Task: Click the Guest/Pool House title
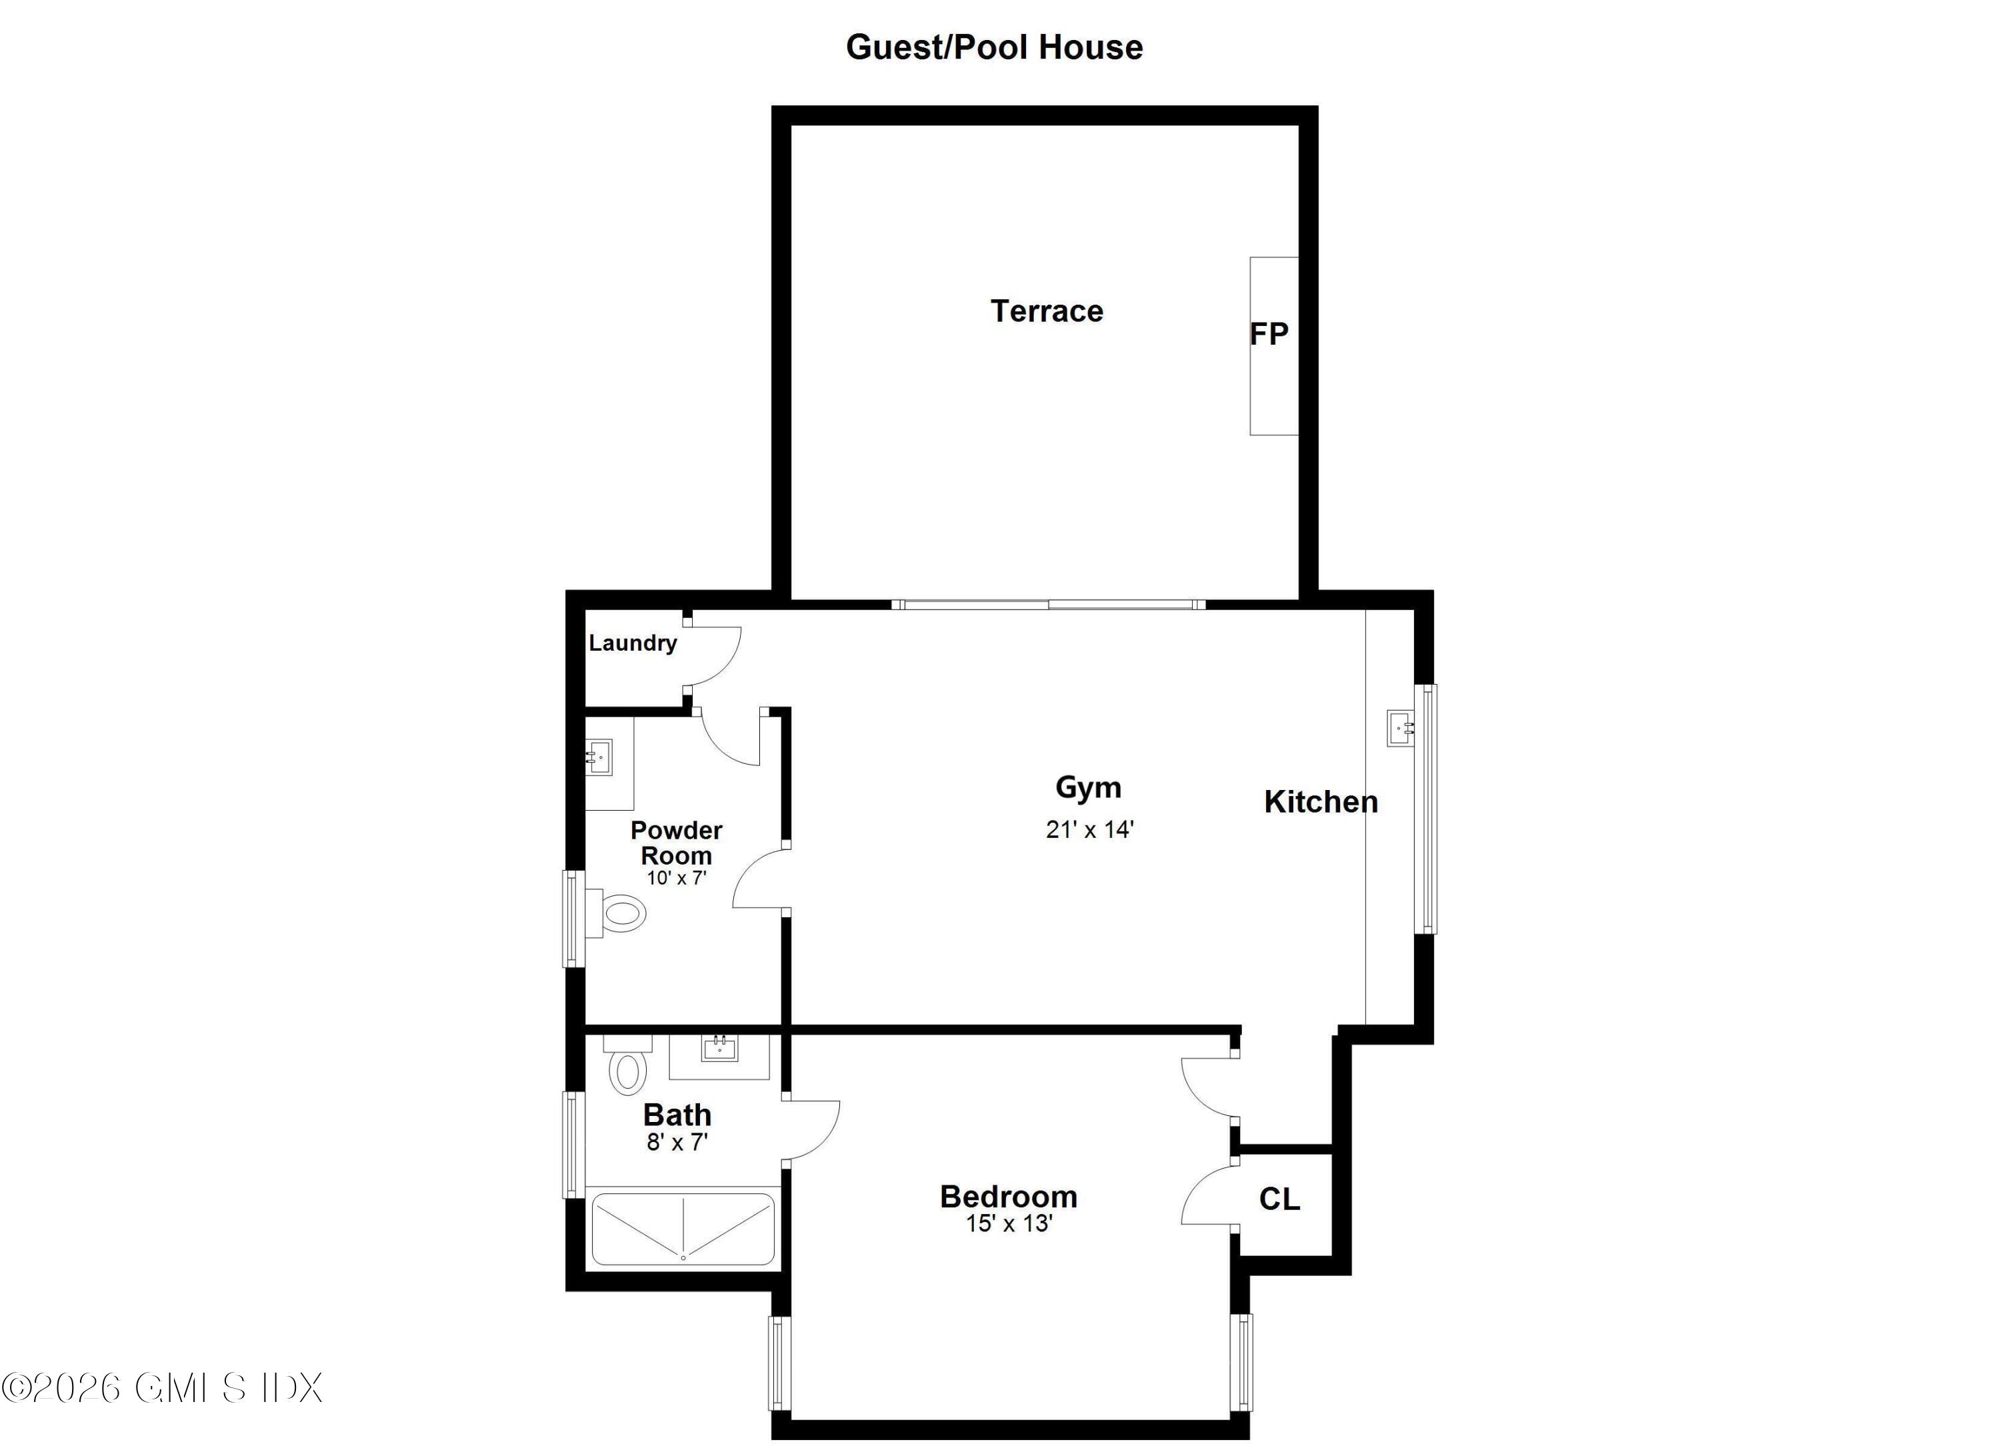point(994,47)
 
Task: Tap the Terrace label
point(1047,311)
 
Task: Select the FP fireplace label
point(1269,333)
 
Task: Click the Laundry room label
point(632,643)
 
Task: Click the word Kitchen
point(1320,801)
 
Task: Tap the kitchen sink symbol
point(1399,727)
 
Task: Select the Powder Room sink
point(599,757)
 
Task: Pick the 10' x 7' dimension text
point(677,878)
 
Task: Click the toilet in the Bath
point(627,1069)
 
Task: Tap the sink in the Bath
point(719,1049)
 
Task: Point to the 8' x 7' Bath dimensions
point(677,1143)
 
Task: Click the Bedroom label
point(1008,1197)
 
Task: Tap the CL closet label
point(1279,1199)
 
